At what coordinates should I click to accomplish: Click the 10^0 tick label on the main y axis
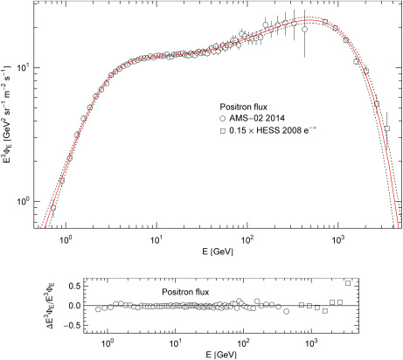click(x=27, y=201)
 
